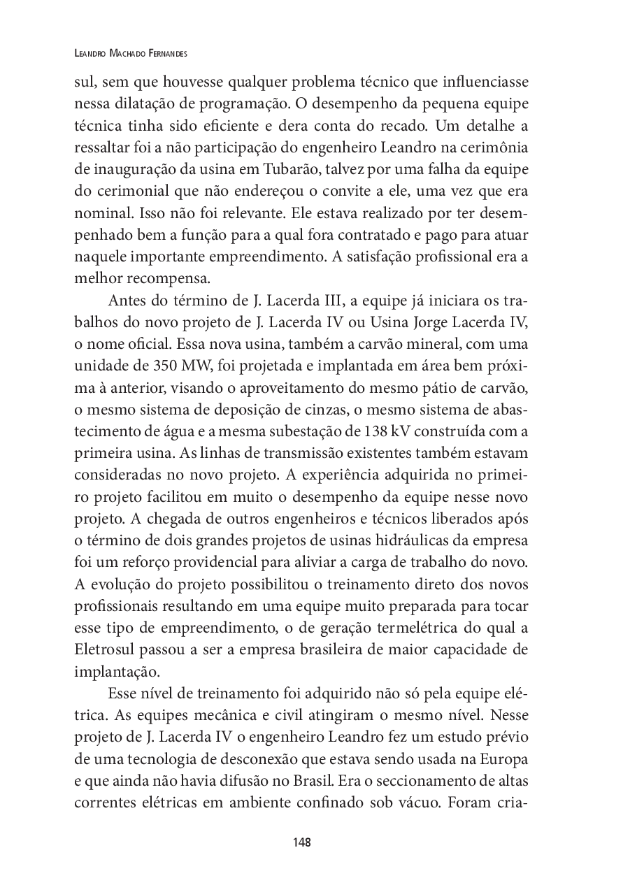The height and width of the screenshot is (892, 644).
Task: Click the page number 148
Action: tap(302, 842)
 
